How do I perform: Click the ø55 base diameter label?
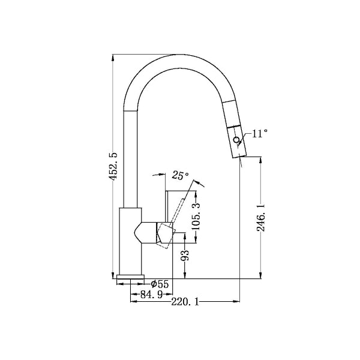(160, 284)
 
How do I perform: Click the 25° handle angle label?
(180, 176)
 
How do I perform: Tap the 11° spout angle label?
(259, 134)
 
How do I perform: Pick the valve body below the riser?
(131, 240)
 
